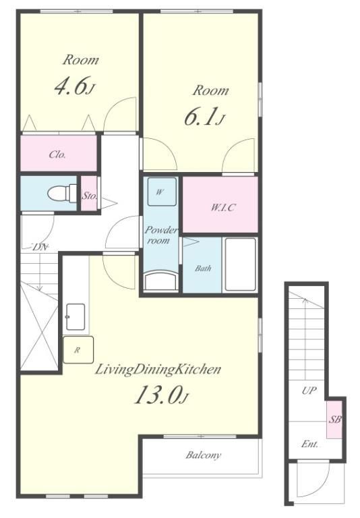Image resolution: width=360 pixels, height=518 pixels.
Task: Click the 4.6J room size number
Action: [x=75, y=86]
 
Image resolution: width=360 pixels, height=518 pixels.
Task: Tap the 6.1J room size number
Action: [x=205, y=117]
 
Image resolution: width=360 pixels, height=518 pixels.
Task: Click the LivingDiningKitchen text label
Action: [x=158, y=370]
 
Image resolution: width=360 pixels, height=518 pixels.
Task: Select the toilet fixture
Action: [x=63, y=193]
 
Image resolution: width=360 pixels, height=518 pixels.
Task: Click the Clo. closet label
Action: [x=57, y=154]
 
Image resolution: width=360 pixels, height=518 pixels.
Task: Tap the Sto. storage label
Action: [x=90, y=196]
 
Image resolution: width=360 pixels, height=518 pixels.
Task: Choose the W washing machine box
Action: [x=162, y=192]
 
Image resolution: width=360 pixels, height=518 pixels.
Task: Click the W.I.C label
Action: [x=223, y=208]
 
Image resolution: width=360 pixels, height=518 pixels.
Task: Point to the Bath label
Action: [x=203, y=268]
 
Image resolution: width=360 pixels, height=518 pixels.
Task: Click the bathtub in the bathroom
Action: [x=241, y=264]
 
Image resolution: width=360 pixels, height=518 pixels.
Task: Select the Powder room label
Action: [x=161, y=235]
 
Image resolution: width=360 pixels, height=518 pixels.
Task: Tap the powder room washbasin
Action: [x=162, y=281]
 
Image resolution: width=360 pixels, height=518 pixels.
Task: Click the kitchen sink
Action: [x=76, y=317]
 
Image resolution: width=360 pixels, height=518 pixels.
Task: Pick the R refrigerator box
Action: [x=78, y=350]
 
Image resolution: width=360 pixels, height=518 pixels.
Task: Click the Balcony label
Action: [x=203, y=455]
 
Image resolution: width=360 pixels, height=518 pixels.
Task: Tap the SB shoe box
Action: [x=334, y=420]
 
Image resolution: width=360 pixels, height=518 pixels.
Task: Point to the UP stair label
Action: [x=309, y=391]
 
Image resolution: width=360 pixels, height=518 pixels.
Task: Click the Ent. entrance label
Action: [x=309, y=444]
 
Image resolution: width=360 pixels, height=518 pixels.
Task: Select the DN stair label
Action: [x=40, y=247]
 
